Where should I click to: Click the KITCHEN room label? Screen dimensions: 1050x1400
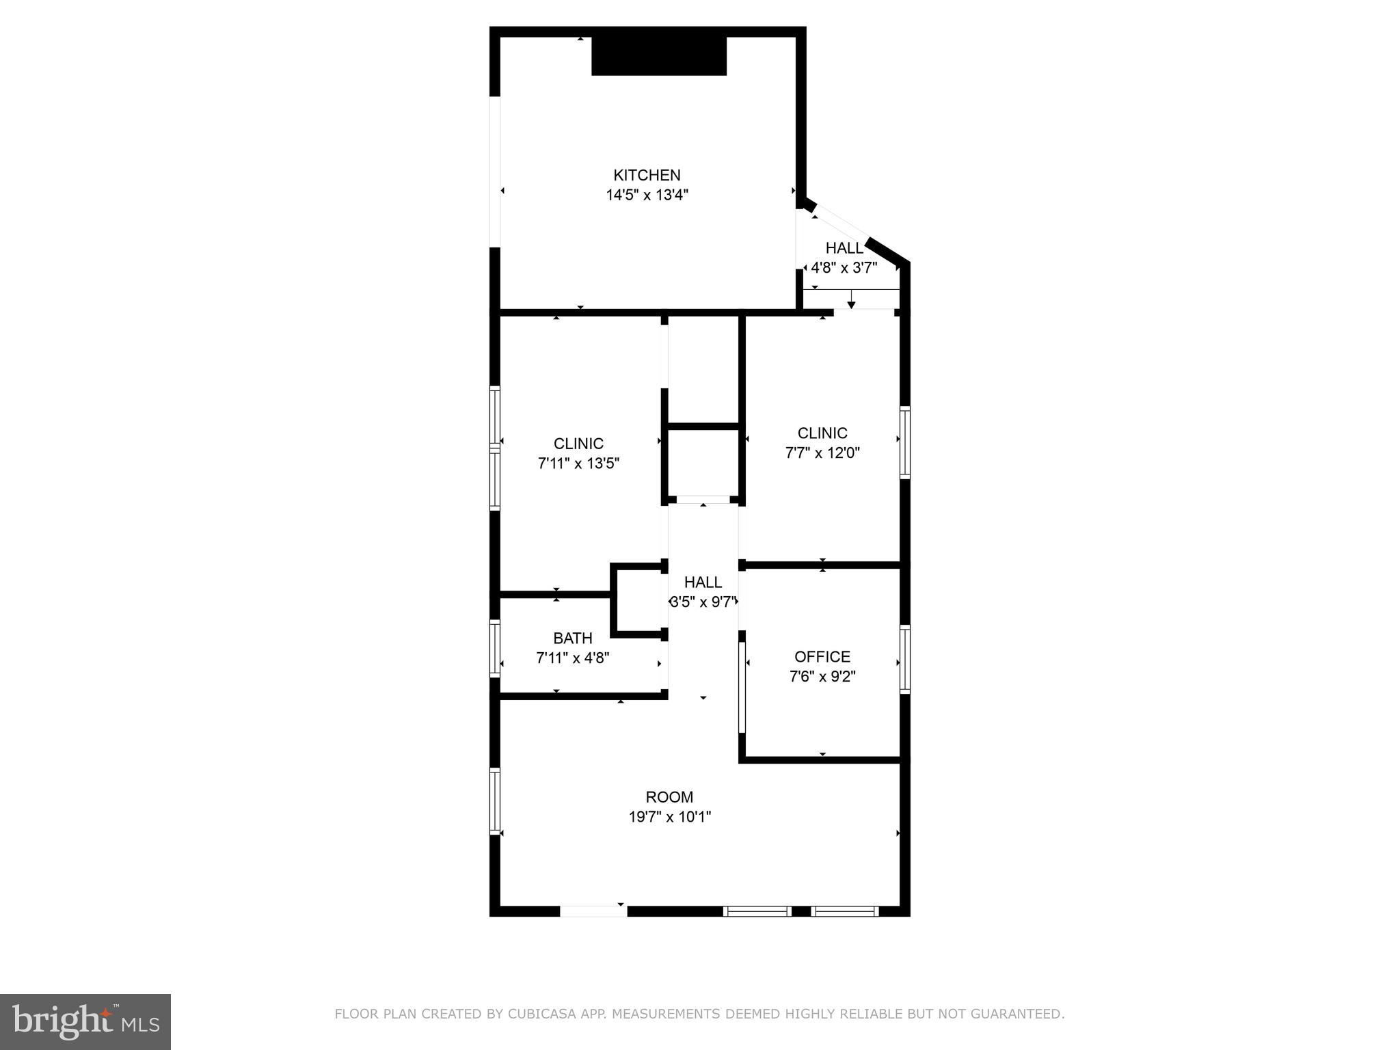coord(647,175)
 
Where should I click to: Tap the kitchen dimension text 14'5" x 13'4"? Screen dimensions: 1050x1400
coord(647,195)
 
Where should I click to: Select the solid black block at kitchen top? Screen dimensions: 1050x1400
coord(658,56)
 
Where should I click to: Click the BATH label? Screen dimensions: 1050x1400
coord(572,638)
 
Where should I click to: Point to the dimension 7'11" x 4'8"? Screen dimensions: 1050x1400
coord(572,658)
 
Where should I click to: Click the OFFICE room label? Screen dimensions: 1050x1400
coord(822,656)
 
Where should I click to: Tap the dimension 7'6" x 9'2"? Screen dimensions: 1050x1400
coord(822,676)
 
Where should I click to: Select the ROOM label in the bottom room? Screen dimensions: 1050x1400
coord(669,796)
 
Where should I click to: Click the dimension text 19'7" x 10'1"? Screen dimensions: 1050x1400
coord(669,816)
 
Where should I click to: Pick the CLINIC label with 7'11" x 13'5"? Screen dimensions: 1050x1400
coord(578,443)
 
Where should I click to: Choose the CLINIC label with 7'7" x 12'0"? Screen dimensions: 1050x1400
coord(822,433)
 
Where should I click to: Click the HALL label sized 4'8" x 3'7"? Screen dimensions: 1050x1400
coord(844,247)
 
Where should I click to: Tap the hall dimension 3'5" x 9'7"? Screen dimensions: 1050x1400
coord(703,602)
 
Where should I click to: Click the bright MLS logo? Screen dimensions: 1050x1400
coord(85,1021)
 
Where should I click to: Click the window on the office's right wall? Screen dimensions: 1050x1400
coord(904,659)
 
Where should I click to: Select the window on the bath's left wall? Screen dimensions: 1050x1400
coord(495,647)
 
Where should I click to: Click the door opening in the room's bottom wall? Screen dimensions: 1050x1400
coord(593,911)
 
